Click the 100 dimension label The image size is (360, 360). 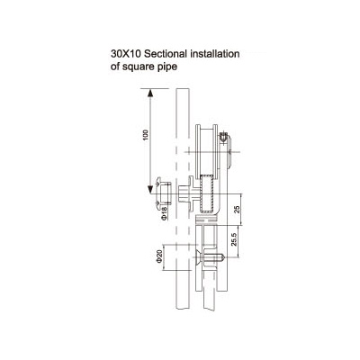click(x=146, y=136)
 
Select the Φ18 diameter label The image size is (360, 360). click(x=164, y=214)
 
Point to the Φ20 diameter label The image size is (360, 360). click(x=159, y=256)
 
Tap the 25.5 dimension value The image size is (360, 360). click(x=234, y=239)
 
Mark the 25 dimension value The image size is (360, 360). click(x=237, y=210)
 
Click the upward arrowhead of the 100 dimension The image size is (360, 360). click(x=150, y=93)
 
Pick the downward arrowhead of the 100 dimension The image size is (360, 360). click(x=150, y=190)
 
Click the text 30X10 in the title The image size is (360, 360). click(x=126, y=54)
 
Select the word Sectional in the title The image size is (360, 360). click(x=166, y=54)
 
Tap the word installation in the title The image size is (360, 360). click(x=215, y=54)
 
